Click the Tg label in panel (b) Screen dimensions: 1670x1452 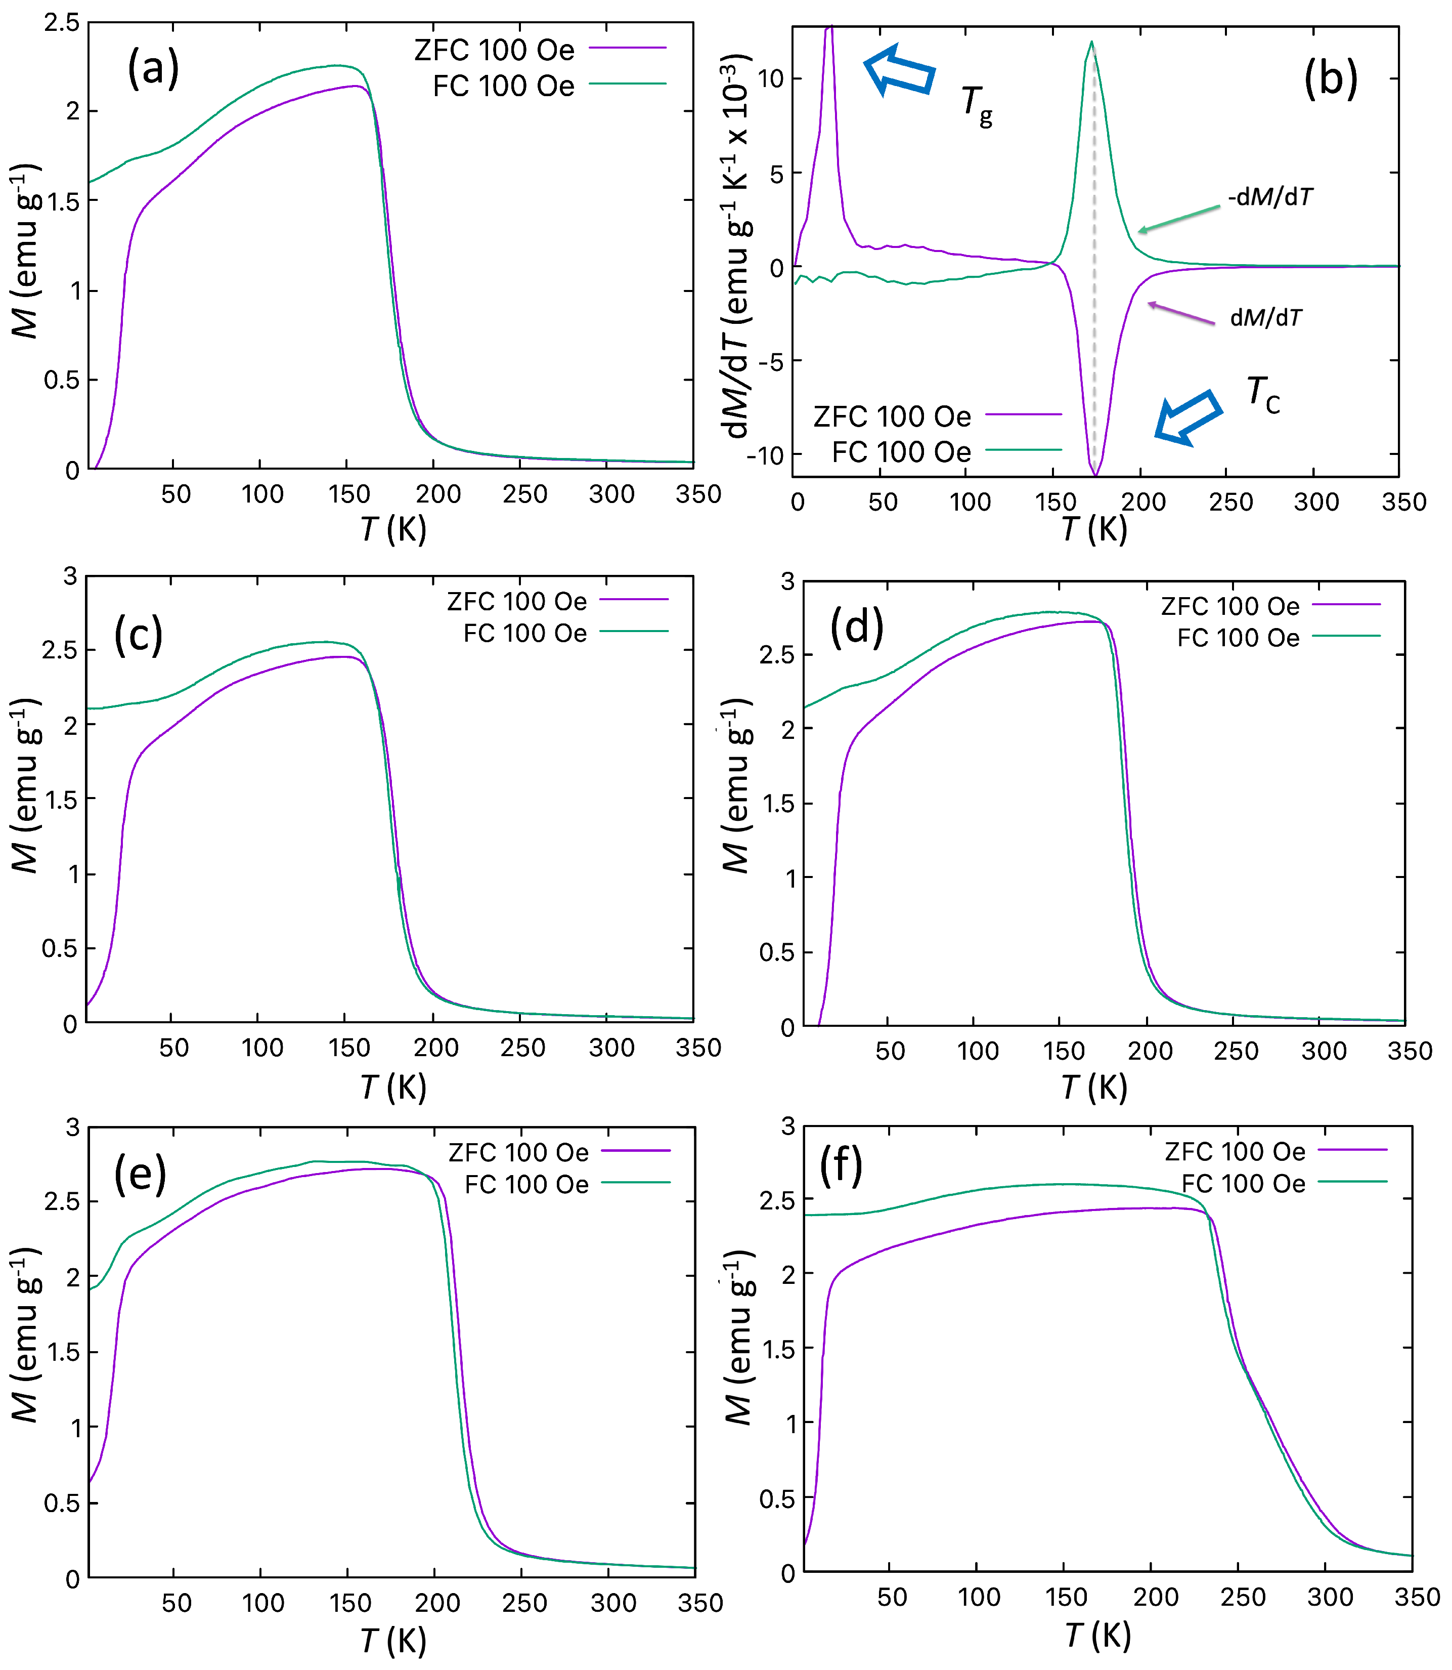point(977,105)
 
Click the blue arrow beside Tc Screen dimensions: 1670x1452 point(1188,418)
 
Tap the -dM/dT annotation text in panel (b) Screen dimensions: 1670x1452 point(1270,197)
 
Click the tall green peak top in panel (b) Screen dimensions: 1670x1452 point(1091,42)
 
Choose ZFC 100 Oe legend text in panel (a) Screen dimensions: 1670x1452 point(494,50)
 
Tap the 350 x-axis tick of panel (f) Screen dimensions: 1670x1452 point(1417,1598)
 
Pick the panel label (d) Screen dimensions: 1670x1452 point(856,627)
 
